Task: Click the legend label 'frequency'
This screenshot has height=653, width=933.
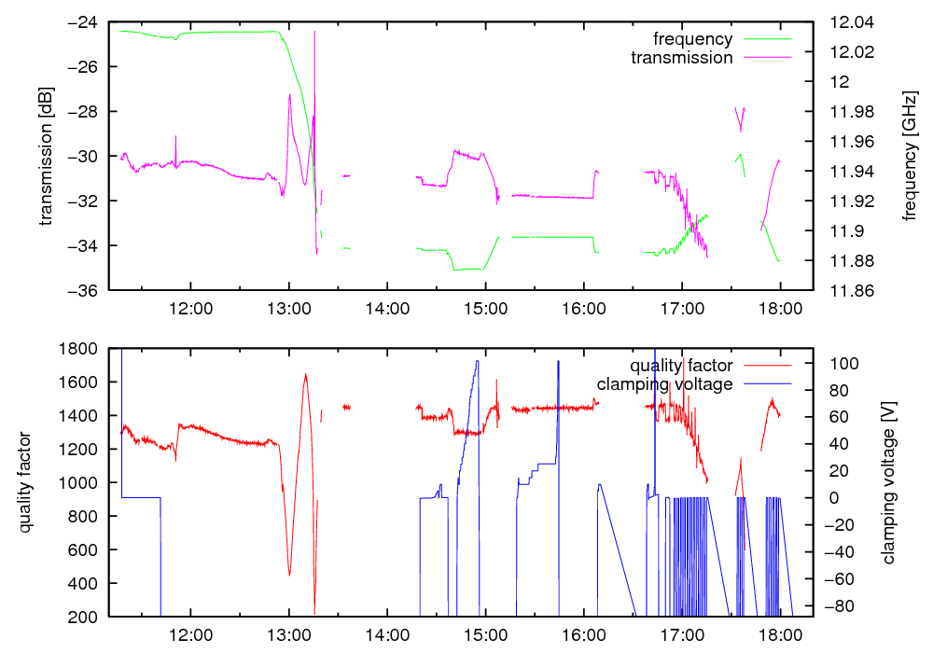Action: pyautogui.click(x=693, y=39)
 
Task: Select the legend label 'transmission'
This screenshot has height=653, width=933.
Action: pyautogui.click(x=682, y=58)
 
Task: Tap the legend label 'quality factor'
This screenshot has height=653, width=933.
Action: pyautogui.click(x=681, y=365)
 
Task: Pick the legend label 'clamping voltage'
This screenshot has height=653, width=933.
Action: pyautogui.click(x=665, y=383)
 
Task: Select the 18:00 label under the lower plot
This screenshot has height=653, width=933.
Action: pyautogui.click(x=779, y=634)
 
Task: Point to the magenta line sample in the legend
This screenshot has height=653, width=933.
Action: pyautogui.click(x=766, y=58)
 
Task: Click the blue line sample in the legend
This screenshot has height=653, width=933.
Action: pyautogui.click(x=766, y=383)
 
